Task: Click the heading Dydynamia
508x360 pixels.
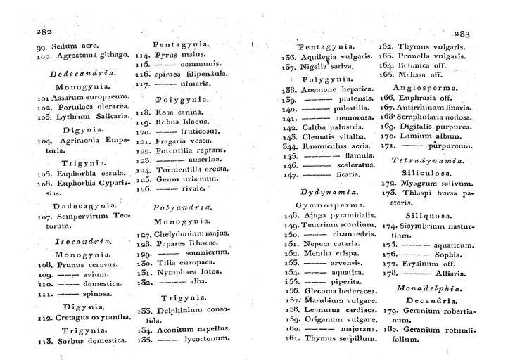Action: point(324,191)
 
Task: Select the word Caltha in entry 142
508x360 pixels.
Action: point(315,129)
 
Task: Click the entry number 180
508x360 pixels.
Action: point(388,330)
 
